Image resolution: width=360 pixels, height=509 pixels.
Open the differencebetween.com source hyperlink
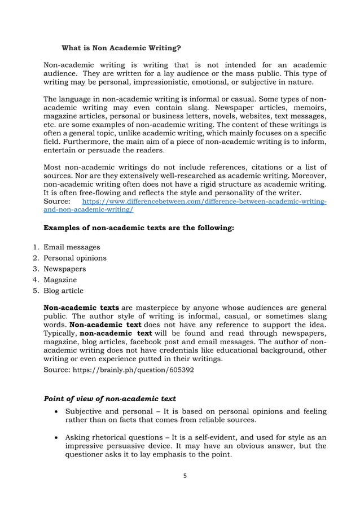click(x=204, y=201)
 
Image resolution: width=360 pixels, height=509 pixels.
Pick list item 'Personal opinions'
click(x=75, y=258)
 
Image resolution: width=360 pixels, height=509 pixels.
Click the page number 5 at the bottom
click(x=184, y=476)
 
